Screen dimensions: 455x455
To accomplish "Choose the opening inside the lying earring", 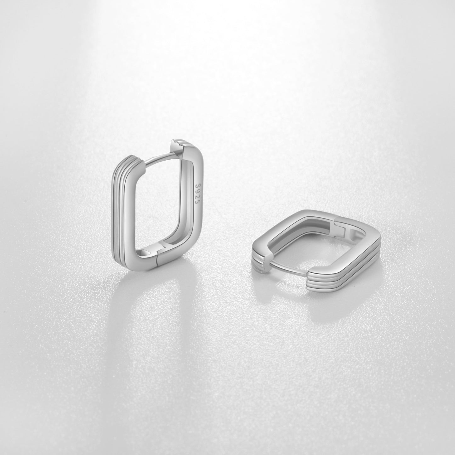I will (x=302, y=239).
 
